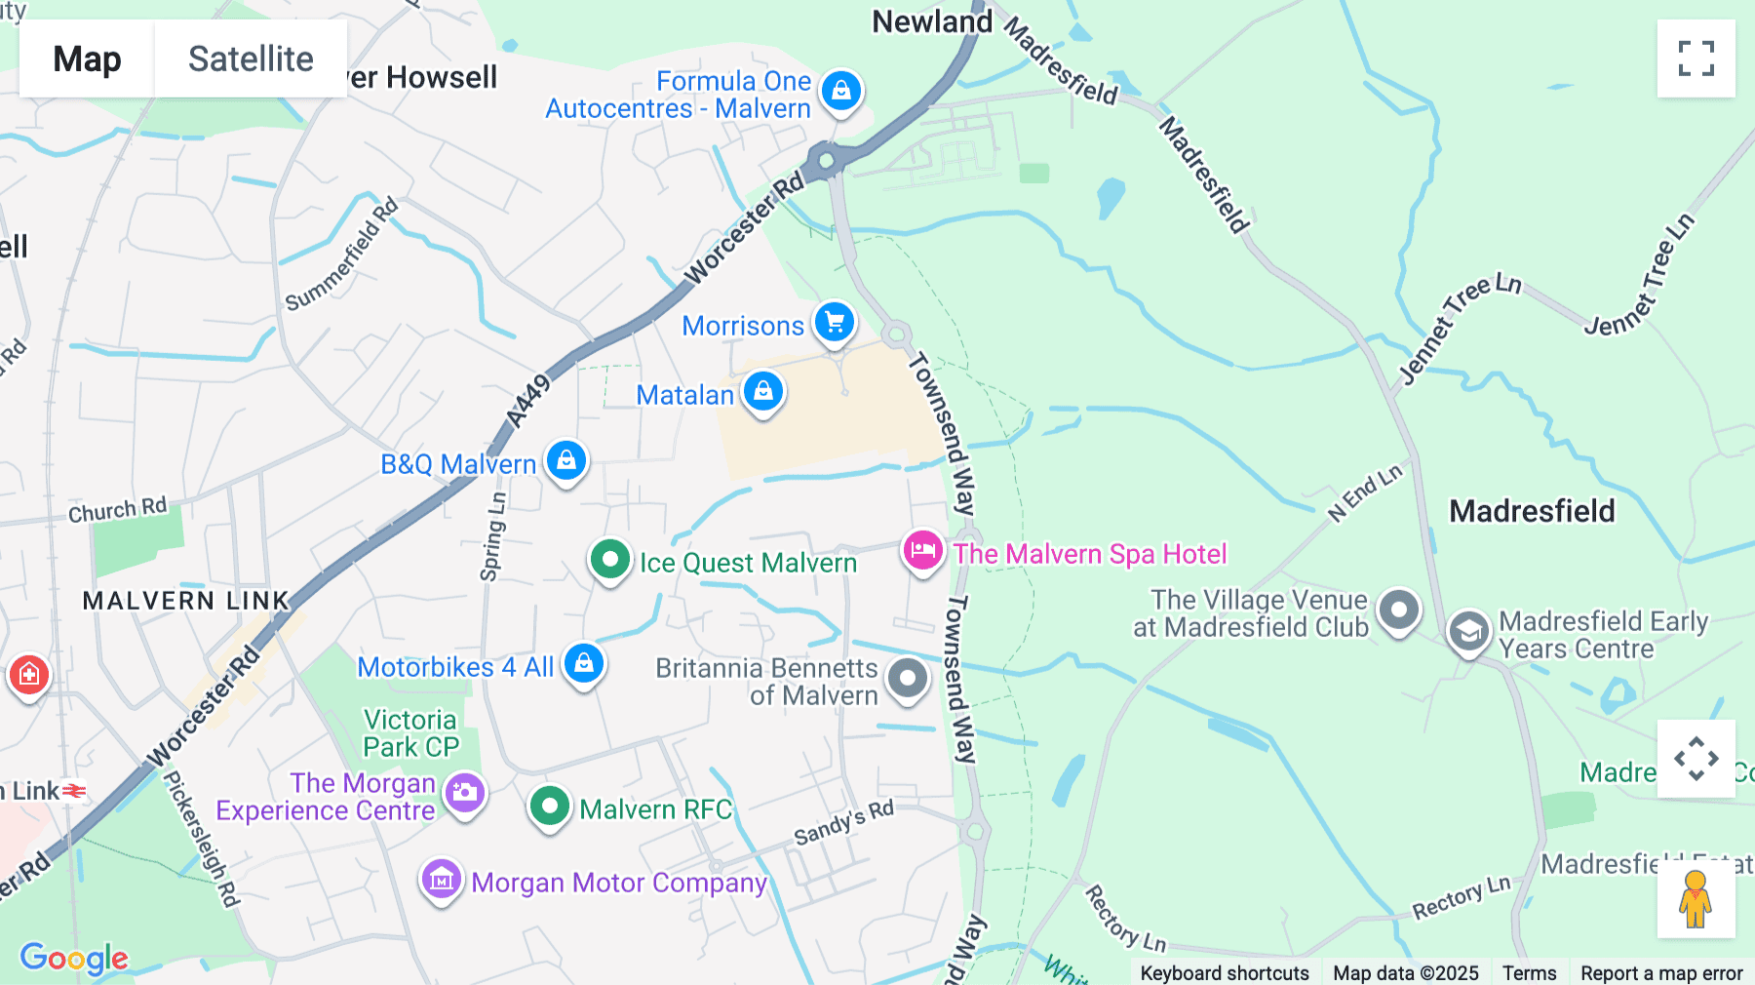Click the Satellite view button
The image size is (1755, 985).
click(x=251, y=59)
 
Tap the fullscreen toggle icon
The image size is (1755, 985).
click(x=1696, y=59)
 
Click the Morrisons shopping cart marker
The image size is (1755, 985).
click(x=835, y=323)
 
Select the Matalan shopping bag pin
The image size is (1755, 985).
click(x=763, y=392)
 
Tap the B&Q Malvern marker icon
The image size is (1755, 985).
click(x=566, y=460)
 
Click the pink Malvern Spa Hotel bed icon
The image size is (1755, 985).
click(x=922, y=551)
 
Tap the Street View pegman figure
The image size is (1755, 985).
click(x=1696, y=899)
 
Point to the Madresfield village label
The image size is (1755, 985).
click(x=1532, y=511)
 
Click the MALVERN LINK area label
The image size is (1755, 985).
click(x=186, y=601)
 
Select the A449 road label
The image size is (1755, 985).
click(x=527, y=401)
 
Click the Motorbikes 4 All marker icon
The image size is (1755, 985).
click(x=584, y=664)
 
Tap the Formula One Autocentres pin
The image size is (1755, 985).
click(x=840, y=92)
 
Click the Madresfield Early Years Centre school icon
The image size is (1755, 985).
click(x=1468, y=632)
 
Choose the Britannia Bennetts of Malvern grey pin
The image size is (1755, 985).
click(x=908, y=678)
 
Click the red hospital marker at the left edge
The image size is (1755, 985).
click(x=28, y=674)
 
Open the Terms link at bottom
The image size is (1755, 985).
click(x=1529, y=972)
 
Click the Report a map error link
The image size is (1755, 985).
click(x=1661, y=972)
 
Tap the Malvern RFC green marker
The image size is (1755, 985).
click(x=550, y=807)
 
